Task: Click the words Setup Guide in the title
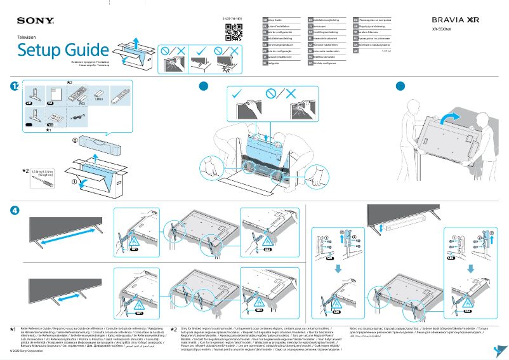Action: (x=63, y=50)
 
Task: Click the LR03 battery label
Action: (x=98, y=100)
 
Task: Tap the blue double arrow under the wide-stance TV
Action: (x=62, y=242)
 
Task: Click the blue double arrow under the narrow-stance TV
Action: (x=62, y=296)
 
